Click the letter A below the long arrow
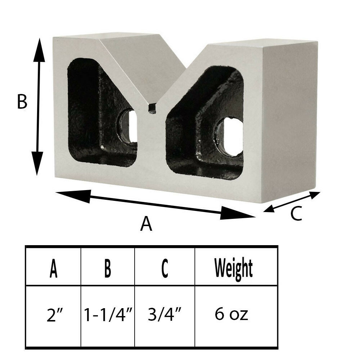coord(146,225)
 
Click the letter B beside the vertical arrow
coord(22,102)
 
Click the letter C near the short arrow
coord(296,214)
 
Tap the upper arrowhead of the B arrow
coord(40,50)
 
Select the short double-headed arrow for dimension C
coord(292,202)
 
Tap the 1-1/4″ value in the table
coord(107,315)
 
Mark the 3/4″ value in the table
coord(165,315)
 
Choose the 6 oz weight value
coord(232,315)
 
